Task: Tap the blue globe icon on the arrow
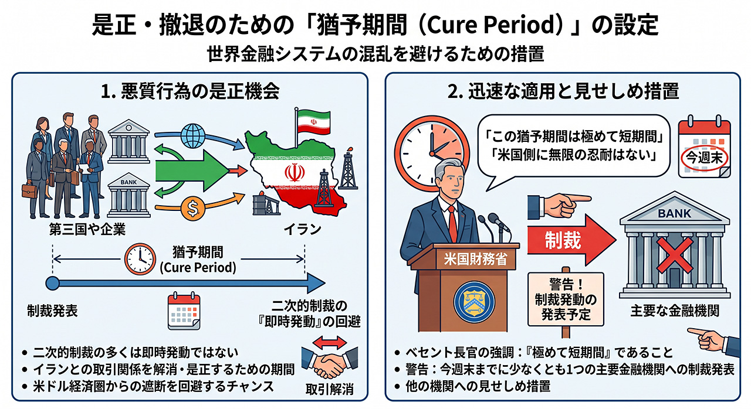(x=193, y=136)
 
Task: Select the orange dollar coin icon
(x=193, y=208)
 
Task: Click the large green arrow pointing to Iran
(x=192, y=171)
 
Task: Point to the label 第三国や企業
(x=87, y=230)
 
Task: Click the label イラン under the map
(x=303, y=230)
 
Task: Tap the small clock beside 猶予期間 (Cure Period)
(x=140, y=259)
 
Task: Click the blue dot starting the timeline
(x=52, y=283)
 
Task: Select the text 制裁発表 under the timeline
(x=52, y=311)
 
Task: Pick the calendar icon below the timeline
(x=184, y=311)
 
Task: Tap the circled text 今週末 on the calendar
(x=704, y=158)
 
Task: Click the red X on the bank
(x=675, y=255)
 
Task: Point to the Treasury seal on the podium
(x=475, y=301)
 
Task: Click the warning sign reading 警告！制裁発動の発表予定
(x=566, y=299)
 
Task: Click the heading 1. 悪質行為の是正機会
(x=190, y=92)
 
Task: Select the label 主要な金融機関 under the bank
(x=675, y=311)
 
